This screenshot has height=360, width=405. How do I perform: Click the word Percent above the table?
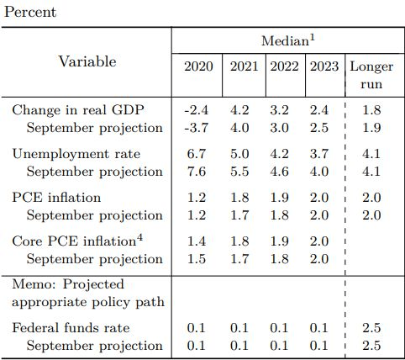pos(30,13)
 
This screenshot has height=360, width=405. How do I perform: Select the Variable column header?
pos(87,61)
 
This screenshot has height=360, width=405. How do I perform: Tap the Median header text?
pos(288,40)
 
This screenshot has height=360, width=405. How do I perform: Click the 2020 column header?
pos(198,66)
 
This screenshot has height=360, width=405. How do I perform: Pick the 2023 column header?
pos(324,66)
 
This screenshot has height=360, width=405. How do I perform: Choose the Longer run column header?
pos(371,75)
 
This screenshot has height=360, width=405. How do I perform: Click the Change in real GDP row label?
pos(78,110)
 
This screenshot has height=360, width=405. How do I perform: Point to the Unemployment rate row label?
pos(76,154)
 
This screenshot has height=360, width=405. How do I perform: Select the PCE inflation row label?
pos(56,198)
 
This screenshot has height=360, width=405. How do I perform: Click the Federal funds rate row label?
pos(71,328)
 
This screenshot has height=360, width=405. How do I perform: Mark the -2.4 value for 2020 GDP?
pos(197,110)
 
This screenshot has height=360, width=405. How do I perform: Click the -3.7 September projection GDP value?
pos(197,128)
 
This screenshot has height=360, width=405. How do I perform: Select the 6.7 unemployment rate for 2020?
pos(197,154)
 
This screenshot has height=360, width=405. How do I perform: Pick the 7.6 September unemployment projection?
pos(197,172)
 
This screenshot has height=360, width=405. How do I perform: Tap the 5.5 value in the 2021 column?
pos(239,172)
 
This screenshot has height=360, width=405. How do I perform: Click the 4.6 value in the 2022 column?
pos(280,172)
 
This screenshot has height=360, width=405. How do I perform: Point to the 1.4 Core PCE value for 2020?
pos(197,241)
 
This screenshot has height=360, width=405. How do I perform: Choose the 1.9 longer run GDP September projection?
pos(371,128)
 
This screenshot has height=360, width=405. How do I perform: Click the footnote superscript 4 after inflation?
pos(139,238)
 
